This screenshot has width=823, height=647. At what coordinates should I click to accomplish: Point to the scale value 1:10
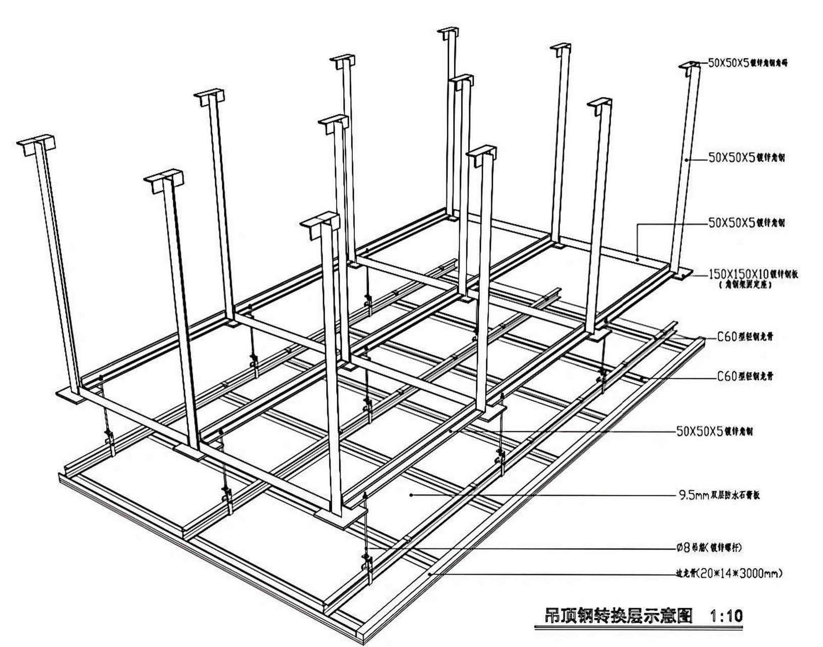tap(726, 616)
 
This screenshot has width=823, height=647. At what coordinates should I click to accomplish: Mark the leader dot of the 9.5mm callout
tap(411, 495)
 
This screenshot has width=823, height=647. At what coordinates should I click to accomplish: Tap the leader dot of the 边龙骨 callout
tap(429, 574)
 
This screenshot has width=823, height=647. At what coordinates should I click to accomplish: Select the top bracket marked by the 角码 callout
tap(690, 67)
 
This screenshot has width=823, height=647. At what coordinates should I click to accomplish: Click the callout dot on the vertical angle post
tap(687, 160)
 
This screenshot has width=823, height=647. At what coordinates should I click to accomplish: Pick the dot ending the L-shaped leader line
tap(638, 260)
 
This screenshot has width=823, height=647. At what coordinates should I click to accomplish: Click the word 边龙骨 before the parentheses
tap(685, 574)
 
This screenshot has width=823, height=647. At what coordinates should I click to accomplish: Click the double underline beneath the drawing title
tap(638, 628)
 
